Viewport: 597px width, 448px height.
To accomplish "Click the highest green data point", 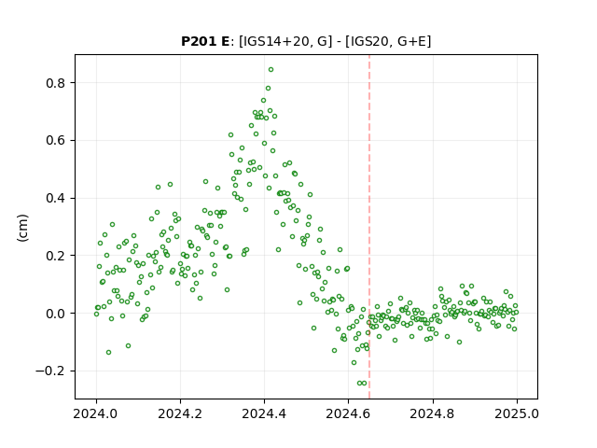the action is pyautogui.click(x=271, y=70).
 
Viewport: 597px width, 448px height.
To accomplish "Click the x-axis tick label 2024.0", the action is pyautogui.click(x=96, y=413).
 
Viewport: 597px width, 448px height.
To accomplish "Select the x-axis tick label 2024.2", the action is pyautogui.click(x=180, y=413).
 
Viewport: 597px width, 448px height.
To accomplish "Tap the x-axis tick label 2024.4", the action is pyautogui.click(x=264, y=413).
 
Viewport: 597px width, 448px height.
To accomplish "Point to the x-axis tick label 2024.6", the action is pyautogui.click(x=348, y=413).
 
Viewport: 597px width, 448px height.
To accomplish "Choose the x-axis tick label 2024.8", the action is pyautogui.click(x=433, y=413).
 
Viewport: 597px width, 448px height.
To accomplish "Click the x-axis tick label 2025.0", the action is pyautogui.click(x=517, y=413).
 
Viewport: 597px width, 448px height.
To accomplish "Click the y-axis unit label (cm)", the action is pyautogui.click(x=22, y=228).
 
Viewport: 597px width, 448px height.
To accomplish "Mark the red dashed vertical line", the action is pyautogui.click(x=369, y=227).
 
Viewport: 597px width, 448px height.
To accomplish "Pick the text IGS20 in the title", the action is pyautogui.click(x=368, y=41).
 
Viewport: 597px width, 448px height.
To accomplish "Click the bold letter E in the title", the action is pyautogui.click(x=225, y=41).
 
